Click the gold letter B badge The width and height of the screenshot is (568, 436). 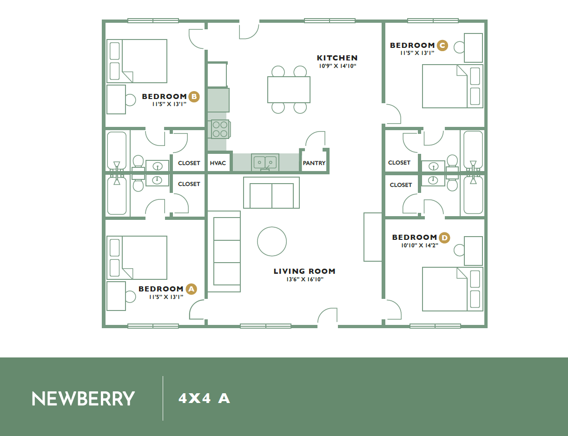[x=194, y=97]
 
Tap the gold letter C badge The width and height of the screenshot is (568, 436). [x=443, y=46]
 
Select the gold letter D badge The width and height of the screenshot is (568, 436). [x=444, y=238]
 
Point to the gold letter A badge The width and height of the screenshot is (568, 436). [x=192, y=289]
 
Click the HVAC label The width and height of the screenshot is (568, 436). [x=218, y=163]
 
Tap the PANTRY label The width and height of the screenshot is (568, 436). [x=314, y=163]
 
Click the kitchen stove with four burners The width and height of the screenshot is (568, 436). [x=220, y=129]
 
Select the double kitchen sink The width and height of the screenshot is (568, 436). [x=265, y=162]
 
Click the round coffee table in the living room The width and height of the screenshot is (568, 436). [x=272, y=241]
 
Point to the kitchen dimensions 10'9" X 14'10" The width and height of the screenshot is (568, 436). [x=337, y=66]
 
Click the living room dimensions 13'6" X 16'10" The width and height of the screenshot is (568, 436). [x=305, y=279]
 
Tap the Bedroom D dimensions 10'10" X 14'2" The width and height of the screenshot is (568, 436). [x=420, y=245]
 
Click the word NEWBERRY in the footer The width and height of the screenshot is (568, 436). [x=83, y=399]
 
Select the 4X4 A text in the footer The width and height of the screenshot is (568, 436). [x=204, y=399]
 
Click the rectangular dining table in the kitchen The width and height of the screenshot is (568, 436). [x=289, y=90]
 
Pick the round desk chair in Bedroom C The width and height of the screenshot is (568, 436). [x=459, y=47]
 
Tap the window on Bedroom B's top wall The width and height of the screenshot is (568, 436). [x=153, y=20]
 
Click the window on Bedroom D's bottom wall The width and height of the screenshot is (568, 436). [x=435, y=326]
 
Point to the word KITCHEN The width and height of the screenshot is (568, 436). [x=337, y=58]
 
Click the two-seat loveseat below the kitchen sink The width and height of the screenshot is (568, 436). [x=271, y=192]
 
